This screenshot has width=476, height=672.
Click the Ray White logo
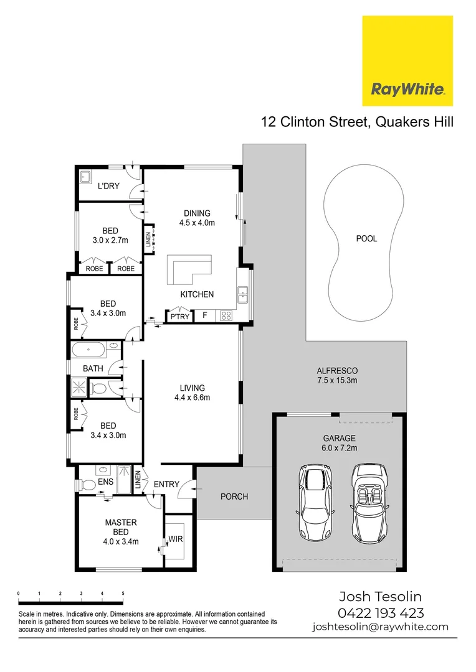[x=407, y=61]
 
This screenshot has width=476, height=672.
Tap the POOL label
[x=366, y=238]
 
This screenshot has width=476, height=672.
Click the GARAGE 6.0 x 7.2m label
[x=340, y=442]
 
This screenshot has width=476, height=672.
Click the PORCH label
[x=234, y=497]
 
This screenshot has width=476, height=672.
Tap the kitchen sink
[x=244, y=293]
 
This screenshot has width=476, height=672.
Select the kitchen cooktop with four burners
[x=226, y=316]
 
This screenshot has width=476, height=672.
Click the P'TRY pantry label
[x=179, y=317]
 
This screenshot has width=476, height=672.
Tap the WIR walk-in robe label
[x=176, y=539]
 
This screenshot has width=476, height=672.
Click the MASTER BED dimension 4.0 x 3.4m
[x=120, y=541]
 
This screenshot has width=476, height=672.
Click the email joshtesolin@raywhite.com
[x=380, y=627]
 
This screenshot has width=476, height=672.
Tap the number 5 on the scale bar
[x=123, y=594]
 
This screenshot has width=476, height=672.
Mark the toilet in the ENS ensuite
[x=87, y=484]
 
